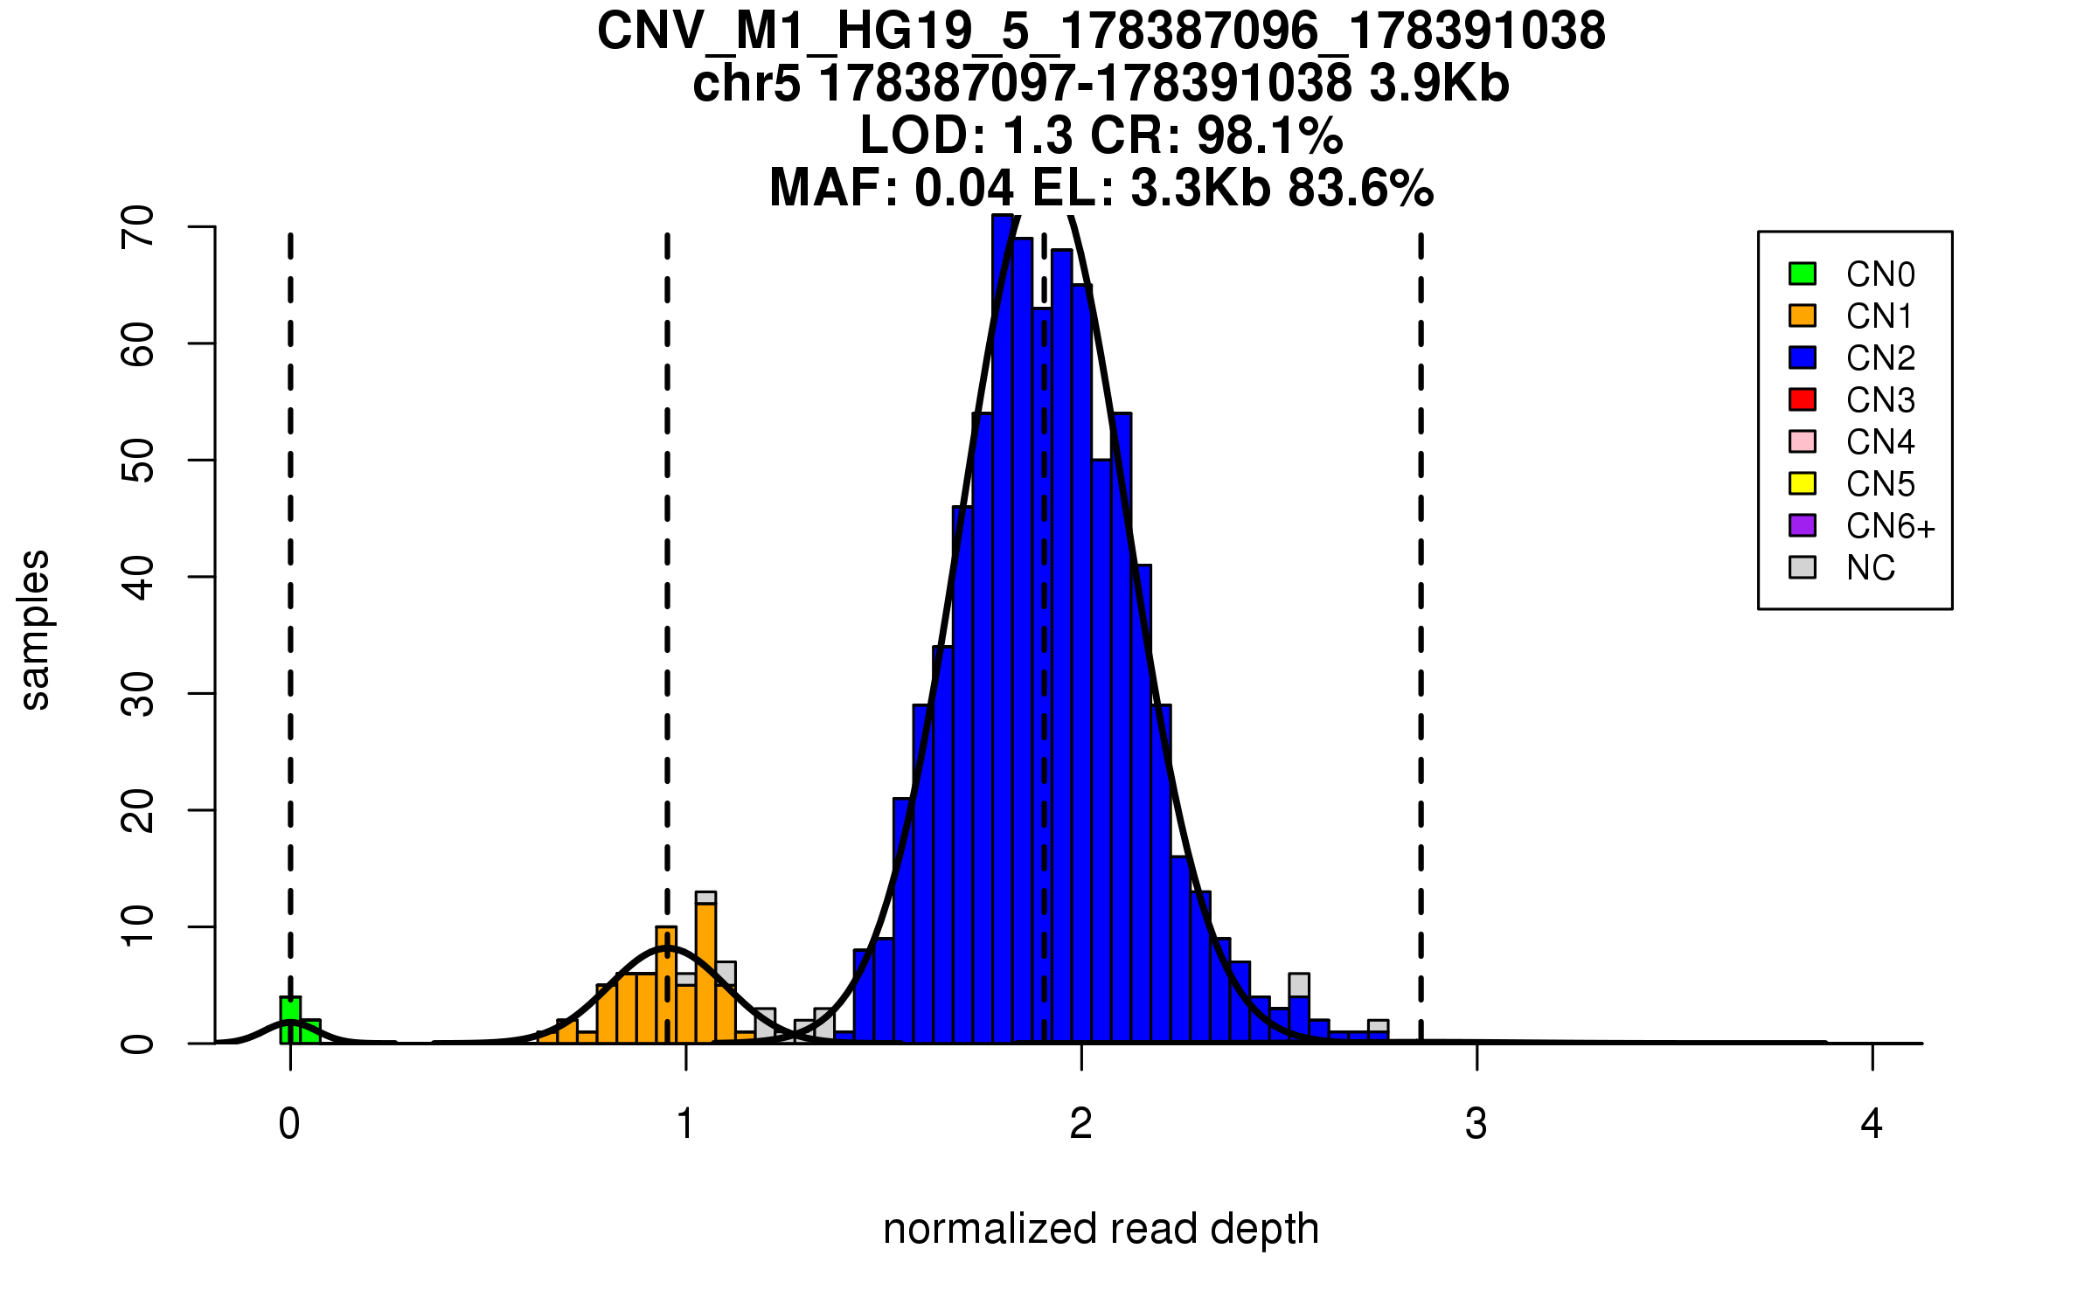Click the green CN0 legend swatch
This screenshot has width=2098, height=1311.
click(1803, 274)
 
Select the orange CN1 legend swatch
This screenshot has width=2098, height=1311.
click(1803, 316)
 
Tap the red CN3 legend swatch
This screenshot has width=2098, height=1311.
click(1803, 399)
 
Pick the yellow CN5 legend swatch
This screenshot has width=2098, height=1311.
click(1803, 483)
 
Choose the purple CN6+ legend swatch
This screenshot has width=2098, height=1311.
click(1803, 525)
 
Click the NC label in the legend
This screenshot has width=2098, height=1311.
click(1871, 568)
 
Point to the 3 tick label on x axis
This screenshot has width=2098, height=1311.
click(1476, 1124)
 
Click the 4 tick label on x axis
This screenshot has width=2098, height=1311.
click(1872, 1124)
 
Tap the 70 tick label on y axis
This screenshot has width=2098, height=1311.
click(138, 227)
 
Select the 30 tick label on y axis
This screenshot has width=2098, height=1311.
click(138, 694)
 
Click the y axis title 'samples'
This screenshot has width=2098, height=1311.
click(35, 629)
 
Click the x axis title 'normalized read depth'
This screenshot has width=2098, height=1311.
click(1101, 1229)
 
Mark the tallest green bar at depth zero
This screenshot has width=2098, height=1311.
click(290, 1019)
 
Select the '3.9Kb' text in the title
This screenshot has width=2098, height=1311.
click(1439, 84)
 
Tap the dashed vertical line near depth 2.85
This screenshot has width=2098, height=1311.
click(1421, 612)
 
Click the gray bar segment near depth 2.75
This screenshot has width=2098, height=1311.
click(1379, 1026)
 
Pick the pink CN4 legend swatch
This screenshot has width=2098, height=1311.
click(1803, 441)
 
